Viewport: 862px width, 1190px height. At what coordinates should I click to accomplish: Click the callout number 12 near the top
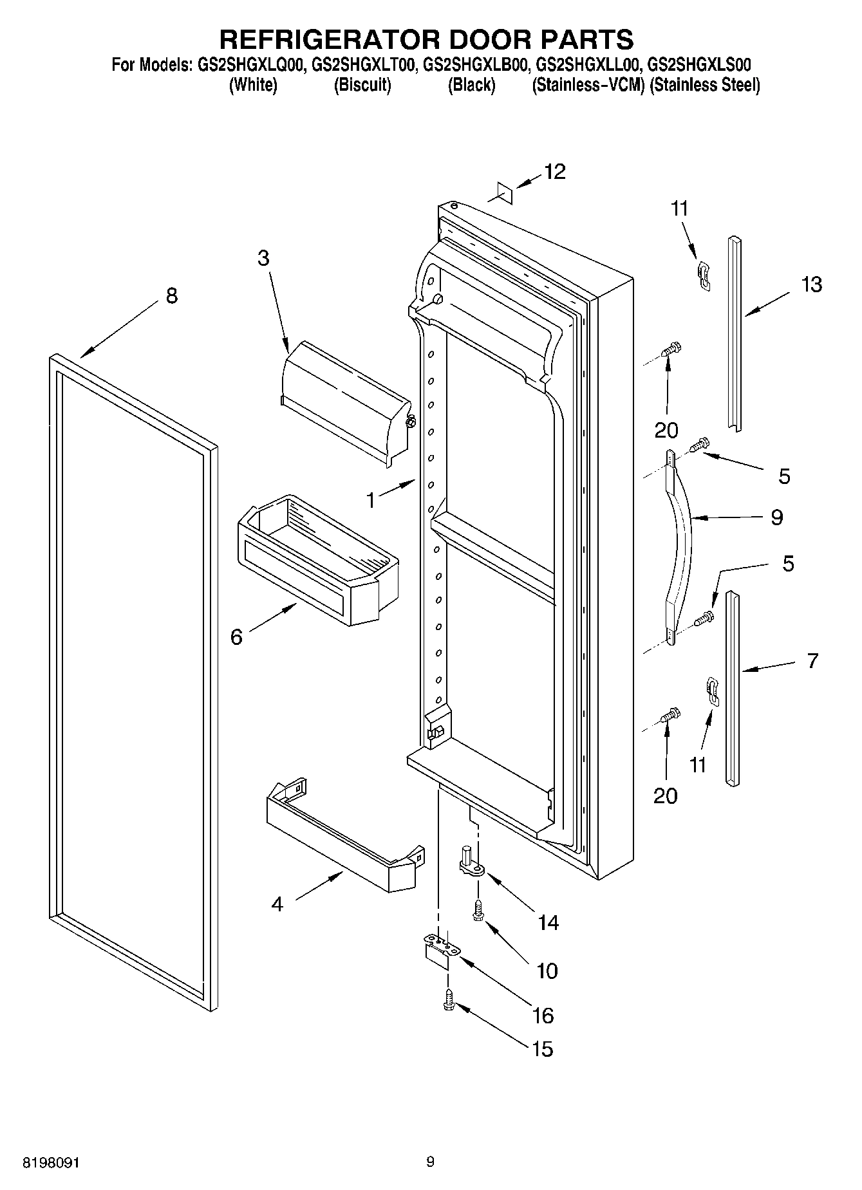coord(554,171)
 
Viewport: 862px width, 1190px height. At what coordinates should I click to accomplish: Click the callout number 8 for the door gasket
coord(171,296)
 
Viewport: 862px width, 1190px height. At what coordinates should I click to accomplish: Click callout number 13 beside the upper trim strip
coord(812,284)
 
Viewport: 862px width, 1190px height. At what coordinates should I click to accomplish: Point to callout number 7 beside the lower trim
coord(812,660)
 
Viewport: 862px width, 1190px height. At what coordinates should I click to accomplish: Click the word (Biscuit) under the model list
coord(362,85)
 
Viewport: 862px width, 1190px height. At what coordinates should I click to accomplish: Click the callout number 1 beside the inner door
coord(371,499)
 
